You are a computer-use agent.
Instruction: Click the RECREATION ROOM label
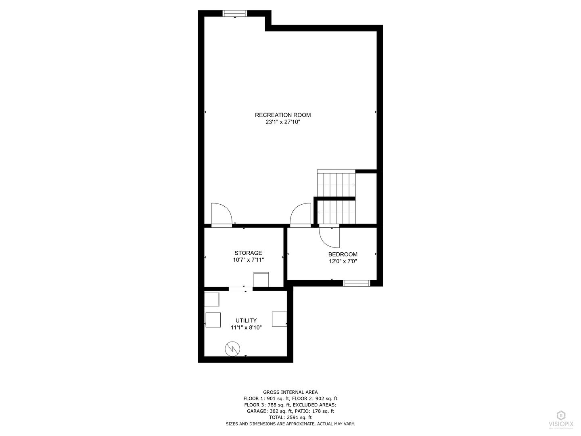[x=283, y=115]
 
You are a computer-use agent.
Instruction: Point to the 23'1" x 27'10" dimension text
[x=283, y=122]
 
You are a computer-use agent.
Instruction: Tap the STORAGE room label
[x=248, y=253]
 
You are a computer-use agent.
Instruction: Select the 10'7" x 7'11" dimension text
[x=248, y=260]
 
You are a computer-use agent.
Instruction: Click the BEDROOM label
[x=343, y=254]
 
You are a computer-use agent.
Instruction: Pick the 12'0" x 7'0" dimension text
[x=343, y=261]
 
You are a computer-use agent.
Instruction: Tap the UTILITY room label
[x=246, y=321]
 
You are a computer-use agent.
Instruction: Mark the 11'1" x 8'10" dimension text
[x=246, y=328]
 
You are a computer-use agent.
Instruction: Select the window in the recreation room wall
[x=235, y=14]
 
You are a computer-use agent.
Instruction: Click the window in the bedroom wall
[x=356, y=283]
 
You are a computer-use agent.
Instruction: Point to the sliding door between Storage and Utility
[x=240, y=289]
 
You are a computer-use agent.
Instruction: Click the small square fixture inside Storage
[x=261, y=279]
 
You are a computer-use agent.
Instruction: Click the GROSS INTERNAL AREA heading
[x=290, y=392]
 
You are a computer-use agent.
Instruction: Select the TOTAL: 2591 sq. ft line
[x=290, y=417]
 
